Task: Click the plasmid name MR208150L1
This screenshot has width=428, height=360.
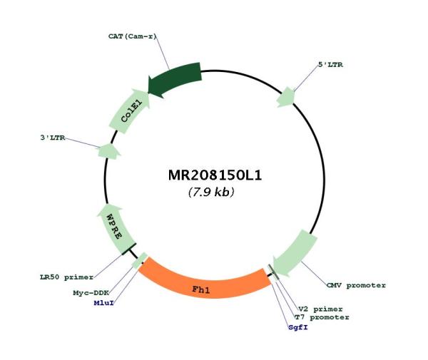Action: (215, 175)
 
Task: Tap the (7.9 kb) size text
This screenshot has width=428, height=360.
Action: (211, 192)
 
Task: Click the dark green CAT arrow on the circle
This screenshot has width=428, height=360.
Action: (175, 79)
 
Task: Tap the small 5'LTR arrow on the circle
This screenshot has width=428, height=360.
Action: (286, 97)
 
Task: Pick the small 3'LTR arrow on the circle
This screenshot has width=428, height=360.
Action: (109, 151)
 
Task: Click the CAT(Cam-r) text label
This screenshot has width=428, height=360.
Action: (133, 36)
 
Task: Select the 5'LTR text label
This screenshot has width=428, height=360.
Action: (330, 65)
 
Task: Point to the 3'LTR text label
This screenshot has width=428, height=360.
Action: (53, 138)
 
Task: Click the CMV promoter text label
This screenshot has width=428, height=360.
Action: (356, 286)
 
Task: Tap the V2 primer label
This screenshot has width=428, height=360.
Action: (320, 309)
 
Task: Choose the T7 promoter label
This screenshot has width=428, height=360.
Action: (322, 317)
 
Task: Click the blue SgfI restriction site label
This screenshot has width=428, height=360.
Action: (298, 327)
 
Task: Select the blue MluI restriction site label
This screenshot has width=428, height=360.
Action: (103, 303)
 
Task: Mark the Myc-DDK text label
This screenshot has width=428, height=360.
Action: (91, 293)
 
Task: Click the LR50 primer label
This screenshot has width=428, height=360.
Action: (66, 277)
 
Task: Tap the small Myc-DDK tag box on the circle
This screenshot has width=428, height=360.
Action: (140, 261)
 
